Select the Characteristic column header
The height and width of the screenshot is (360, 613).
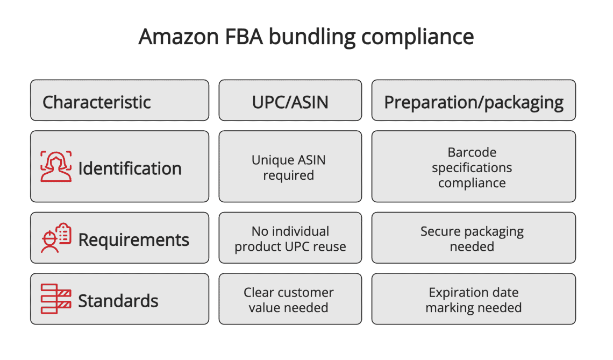(97, 102)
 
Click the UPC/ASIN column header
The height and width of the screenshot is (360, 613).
(290, 102)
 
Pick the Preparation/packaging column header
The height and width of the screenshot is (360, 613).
(474, 102)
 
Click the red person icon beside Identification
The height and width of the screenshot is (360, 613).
(56, 167)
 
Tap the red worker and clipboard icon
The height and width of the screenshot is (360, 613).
(56, 238)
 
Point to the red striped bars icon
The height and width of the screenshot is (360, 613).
(56, 299)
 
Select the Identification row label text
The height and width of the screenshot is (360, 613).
(130, 168)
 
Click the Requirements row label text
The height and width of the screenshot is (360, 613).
(133, 239)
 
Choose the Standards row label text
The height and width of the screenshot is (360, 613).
(118, 301)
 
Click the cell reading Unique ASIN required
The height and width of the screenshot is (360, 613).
(289, 167)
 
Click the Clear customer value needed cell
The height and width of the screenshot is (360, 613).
(289, 300)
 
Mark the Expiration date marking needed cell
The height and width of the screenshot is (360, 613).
(474, 300)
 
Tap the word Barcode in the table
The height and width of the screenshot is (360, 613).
(472, 152)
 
